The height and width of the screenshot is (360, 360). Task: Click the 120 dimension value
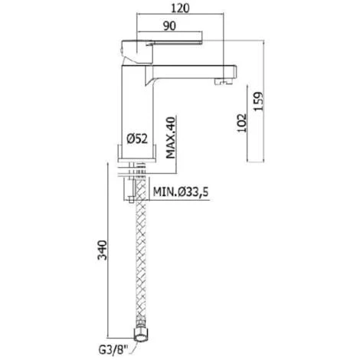tap(180, 8)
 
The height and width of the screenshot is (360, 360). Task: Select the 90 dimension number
tap(169, 26)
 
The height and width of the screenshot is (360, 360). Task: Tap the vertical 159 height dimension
tap(258, 101)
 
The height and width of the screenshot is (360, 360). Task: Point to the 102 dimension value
tap(242, 123)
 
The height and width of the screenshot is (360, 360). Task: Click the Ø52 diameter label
tap(137, 139)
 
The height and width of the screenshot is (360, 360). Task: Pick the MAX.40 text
tap(171, 138)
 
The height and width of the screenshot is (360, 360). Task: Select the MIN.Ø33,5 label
tap(181, 191)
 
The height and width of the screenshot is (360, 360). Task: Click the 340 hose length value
tap(102, 250)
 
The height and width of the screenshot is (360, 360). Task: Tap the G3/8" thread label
tap(113, 350)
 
